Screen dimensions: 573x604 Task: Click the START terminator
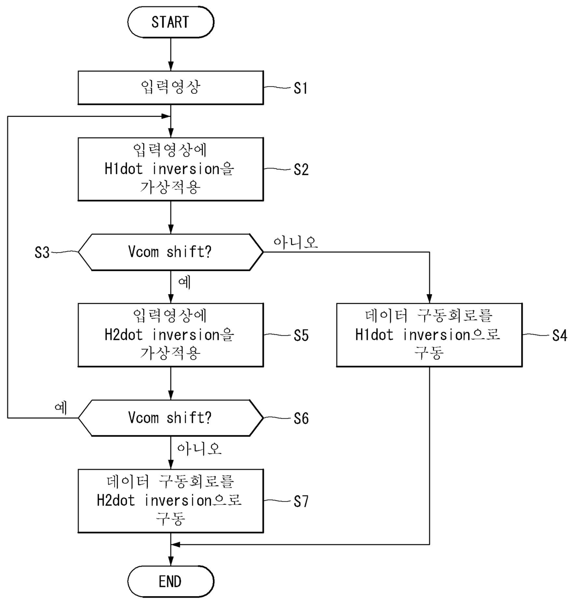(171, 22)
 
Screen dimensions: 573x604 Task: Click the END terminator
(171, 581)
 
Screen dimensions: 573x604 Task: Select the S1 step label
(300, 89)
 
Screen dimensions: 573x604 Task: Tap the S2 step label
(301, 169)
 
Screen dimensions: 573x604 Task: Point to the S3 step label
(42, 253)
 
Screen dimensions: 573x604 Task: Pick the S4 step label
(560, 336)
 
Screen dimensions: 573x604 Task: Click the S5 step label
(301, 336)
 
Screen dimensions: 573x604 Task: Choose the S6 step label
(301, 418)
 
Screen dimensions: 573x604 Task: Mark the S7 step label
(301, 501)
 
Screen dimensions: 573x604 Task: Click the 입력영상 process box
(171, 88)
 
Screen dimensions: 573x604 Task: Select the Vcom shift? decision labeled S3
(171, 252)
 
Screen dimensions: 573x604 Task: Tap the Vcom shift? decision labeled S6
(171, 418)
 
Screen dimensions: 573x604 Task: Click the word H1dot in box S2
(124, 169)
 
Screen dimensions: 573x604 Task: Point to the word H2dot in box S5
(124, 335)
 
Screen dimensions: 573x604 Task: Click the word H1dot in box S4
(374, 335)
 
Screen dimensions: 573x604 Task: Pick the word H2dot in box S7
(116, 501)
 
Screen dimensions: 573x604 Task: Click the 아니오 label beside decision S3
(296, 242)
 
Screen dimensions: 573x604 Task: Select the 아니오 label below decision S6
(199, 449)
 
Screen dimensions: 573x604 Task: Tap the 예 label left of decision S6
(61, 408)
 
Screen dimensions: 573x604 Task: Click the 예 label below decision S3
(184, 282)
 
